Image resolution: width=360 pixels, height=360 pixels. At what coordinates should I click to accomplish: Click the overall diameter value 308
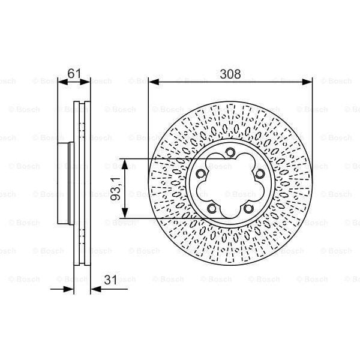[230, 74]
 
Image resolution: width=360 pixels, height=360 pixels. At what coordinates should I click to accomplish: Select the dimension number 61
[74, 74]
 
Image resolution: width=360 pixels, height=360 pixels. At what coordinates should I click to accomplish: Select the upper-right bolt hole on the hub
[260, 174]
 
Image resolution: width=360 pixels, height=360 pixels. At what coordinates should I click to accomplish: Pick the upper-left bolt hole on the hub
[201, 174]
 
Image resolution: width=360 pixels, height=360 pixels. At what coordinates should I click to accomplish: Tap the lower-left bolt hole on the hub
[212, 209]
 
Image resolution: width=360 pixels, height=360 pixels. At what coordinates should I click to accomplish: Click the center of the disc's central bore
[230, 185]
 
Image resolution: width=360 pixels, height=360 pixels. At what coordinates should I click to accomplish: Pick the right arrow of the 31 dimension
[95, 290]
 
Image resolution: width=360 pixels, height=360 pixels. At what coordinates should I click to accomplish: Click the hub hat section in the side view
[65, 186]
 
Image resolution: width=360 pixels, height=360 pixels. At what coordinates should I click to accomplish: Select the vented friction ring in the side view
[82, 186]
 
